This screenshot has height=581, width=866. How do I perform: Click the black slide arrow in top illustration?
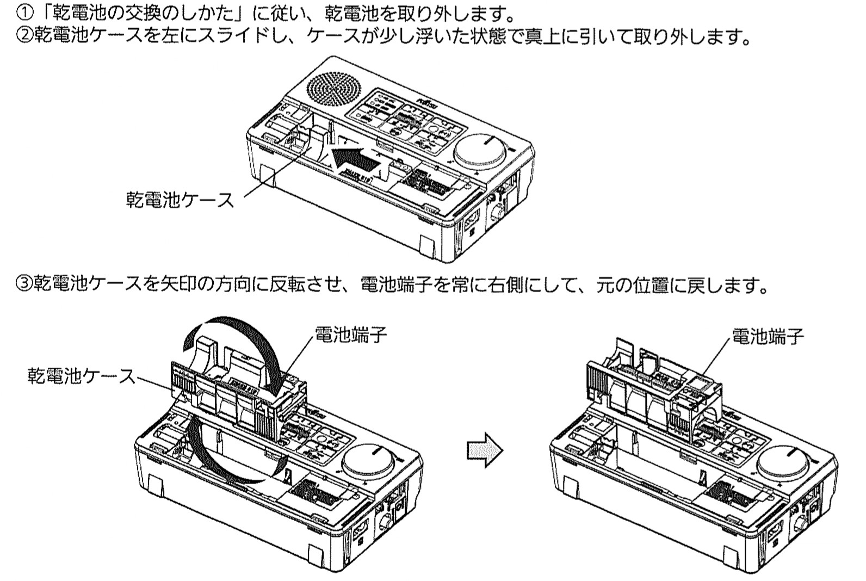coord(356,158)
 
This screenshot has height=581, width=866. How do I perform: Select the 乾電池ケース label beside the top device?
coord(180,200)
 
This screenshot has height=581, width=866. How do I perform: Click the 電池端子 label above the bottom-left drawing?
coord(351,335)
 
